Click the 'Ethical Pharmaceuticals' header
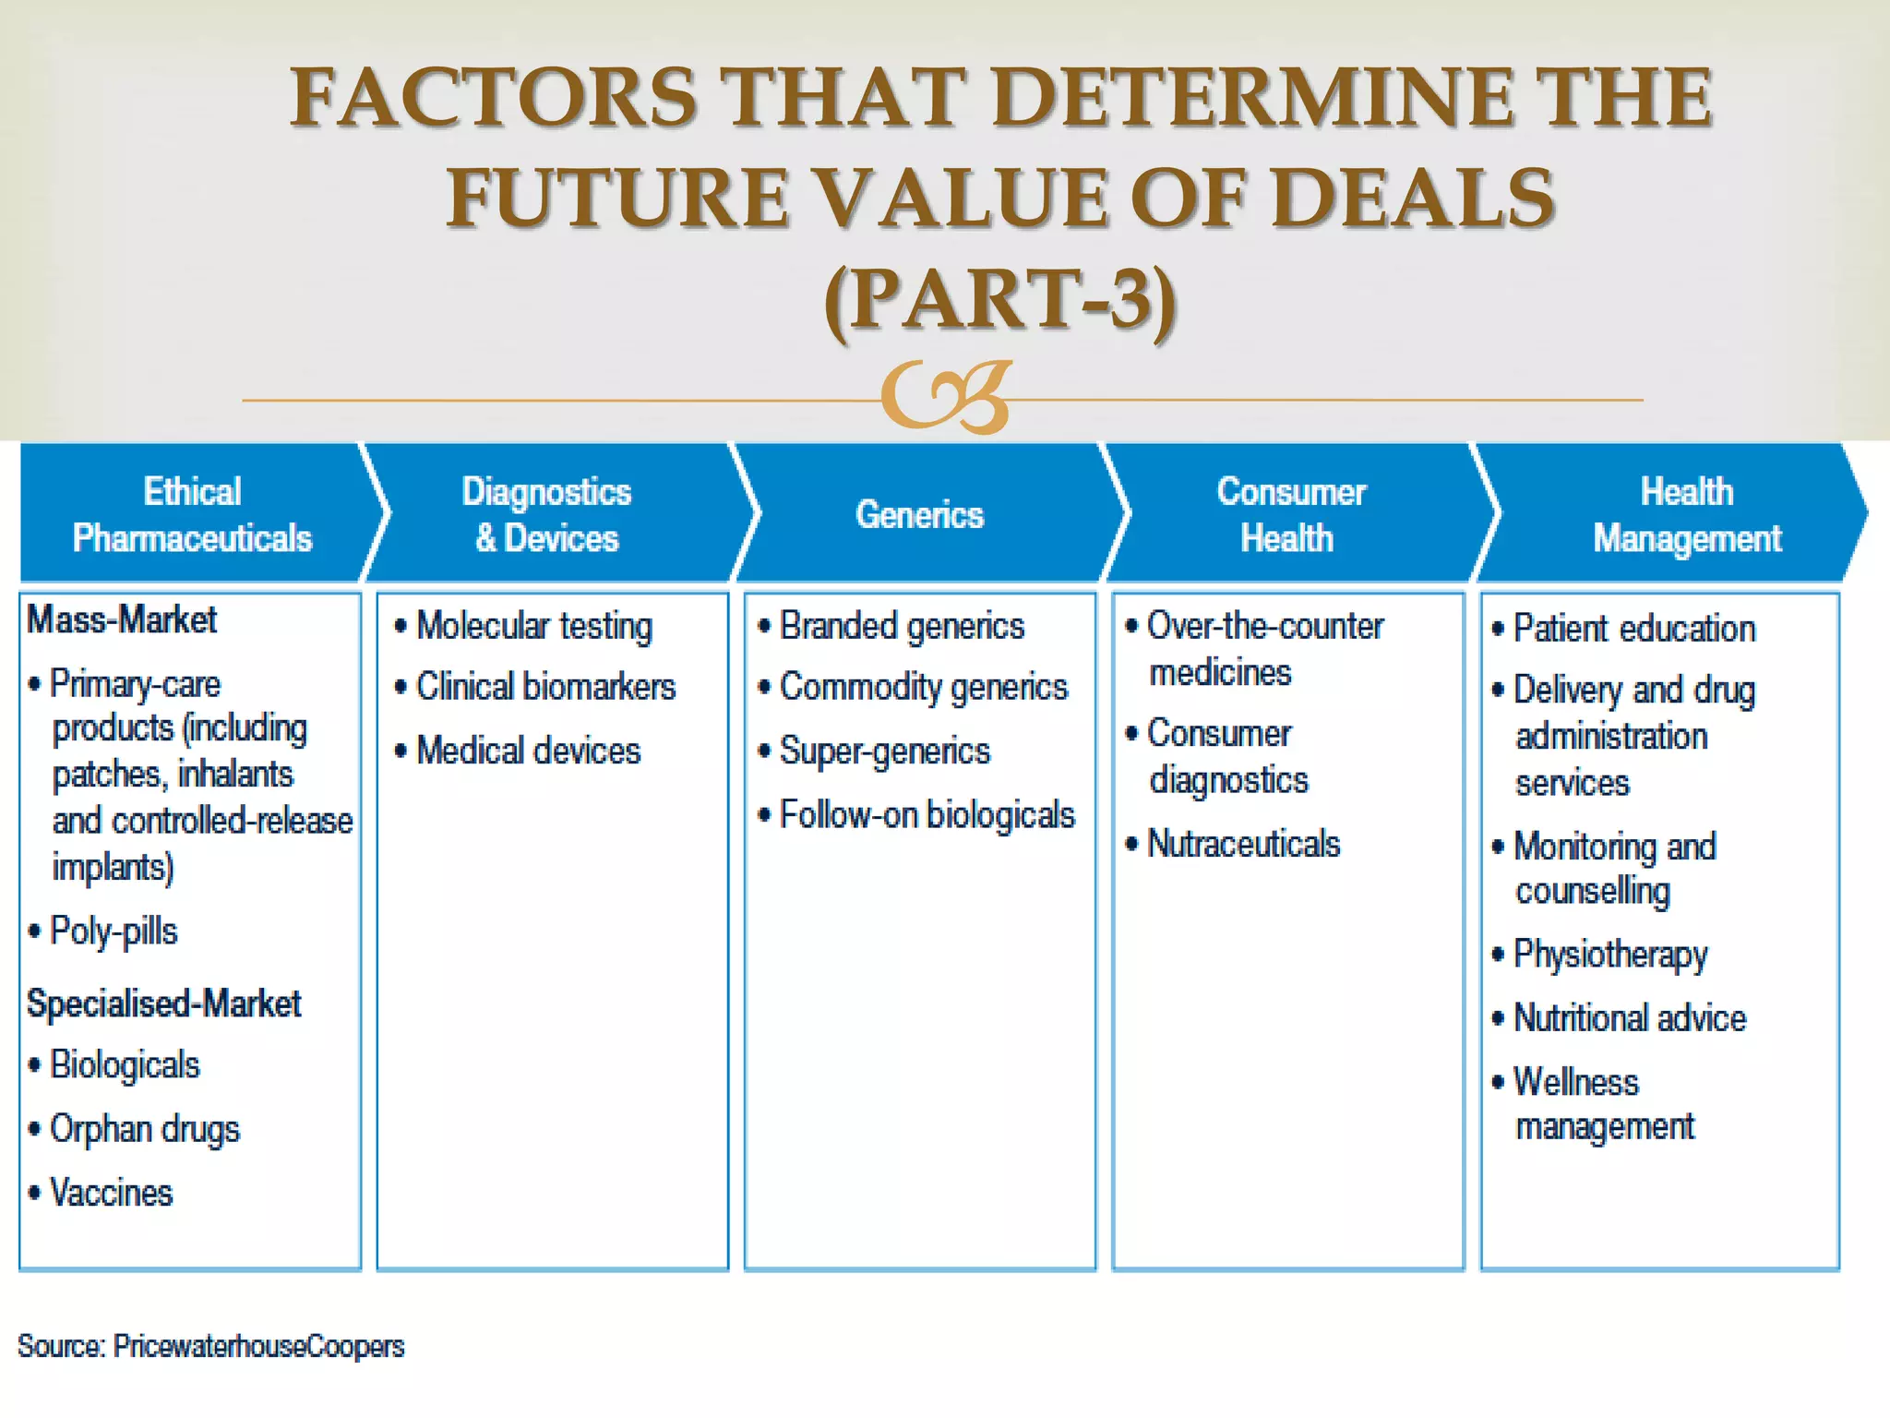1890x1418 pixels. tap(192, 514)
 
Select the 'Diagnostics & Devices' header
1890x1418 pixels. tap(547, 514)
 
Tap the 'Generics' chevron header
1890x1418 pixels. tap(920, 514)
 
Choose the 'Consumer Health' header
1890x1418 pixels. tap(1289, 514)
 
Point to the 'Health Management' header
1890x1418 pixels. tap(1687, 514)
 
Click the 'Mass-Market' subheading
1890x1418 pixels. tap(122, 619)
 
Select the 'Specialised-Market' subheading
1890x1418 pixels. tap(163, 1003)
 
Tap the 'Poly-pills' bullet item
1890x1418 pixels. tap(113, 931)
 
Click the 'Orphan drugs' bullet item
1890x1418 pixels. tap(144, 1129)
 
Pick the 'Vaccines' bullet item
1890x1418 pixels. tap(111, 1193)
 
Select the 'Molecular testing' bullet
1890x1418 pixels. tap(533, 626)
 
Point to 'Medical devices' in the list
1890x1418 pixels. tap(528, 751)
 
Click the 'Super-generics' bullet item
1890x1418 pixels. tap(884, 751)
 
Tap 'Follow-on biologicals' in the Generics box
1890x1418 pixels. tap(927, 815)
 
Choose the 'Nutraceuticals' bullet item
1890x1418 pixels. tap(1242, 844)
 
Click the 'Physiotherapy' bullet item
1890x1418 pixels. tap(1610, 955)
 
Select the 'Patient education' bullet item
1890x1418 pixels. tap(1633, 629)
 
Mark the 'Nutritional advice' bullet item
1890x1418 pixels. tap(1630, 1018)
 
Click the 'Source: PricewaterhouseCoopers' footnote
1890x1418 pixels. tap(211, 1346)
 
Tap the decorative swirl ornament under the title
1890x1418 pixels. tap(947, 397)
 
